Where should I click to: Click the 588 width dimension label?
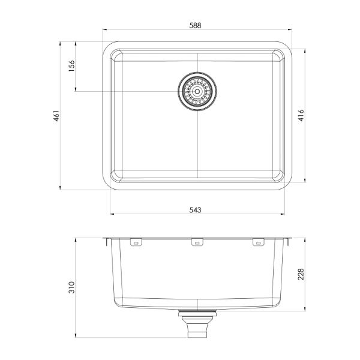(196, 25)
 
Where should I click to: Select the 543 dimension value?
(196, 210)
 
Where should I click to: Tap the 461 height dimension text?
(55, 115)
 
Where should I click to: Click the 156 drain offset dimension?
(71, 65)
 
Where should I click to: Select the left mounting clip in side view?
(136, 242)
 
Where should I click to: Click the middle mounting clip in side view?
(196, 242)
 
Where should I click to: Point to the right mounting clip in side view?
(258, 242)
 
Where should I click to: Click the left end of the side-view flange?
(103, 239)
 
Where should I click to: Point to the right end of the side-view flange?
(291, 239)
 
